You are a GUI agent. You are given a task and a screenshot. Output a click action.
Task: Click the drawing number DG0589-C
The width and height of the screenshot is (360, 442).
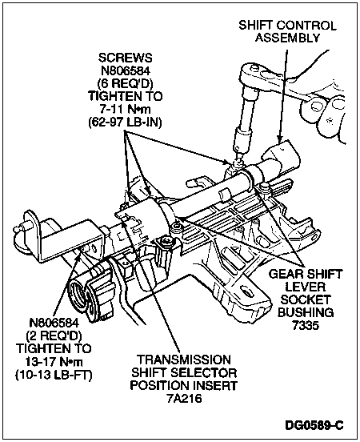coord(314,425)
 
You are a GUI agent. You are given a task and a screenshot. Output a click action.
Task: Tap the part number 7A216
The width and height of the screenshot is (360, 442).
coord(184,398)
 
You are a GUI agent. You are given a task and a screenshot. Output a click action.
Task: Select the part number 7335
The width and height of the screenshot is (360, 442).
coord(306,325)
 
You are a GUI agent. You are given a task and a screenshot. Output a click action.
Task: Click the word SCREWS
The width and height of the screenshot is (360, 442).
coord(125,58)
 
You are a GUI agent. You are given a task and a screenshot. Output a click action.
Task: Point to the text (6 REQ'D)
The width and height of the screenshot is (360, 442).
coord(125,83)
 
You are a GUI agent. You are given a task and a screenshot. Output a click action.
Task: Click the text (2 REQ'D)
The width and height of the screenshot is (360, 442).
coord(54,336)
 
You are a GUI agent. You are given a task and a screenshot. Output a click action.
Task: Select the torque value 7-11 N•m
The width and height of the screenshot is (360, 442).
coord(125,109)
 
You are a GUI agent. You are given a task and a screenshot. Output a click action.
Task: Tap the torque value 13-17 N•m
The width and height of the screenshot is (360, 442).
coord(54,361)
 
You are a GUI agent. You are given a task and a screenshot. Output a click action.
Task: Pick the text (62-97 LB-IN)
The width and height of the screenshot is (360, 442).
coord(125,122)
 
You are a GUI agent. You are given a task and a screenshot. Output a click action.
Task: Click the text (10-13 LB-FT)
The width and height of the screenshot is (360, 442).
coord(54,375)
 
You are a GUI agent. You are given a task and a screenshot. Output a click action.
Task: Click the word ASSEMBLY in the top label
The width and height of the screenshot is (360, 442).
coord(287,38)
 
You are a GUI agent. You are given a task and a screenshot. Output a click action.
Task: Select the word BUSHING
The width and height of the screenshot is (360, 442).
coord(306,312)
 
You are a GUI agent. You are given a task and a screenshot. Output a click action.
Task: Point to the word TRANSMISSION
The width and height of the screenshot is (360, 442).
coord(184,360)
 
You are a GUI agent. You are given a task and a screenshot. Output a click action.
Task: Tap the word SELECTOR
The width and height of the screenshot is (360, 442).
coord(203,372)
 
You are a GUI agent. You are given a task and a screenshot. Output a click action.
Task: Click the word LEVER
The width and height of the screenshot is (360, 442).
coord(306,287)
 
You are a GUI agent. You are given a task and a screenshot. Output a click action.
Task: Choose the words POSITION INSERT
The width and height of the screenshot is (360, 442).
coord(184,385)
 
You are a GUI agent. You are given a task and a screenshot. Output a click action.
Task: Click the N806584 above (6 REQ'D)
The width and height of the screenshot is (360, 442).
coord(125,70)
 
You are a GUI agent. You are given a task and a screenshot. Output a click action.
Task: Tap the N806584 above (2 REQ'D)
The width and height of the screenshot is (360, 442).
coord(54,323)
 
